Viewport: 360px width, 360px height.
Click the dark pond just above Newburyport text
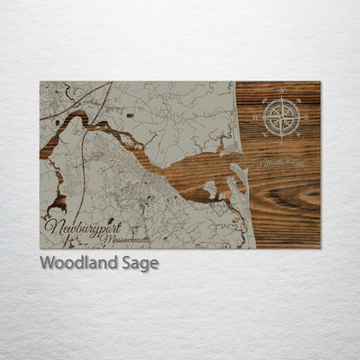click(x=58, y=204)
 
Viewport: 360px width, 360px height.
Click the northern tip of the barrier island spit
click(x=240, y=166)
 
